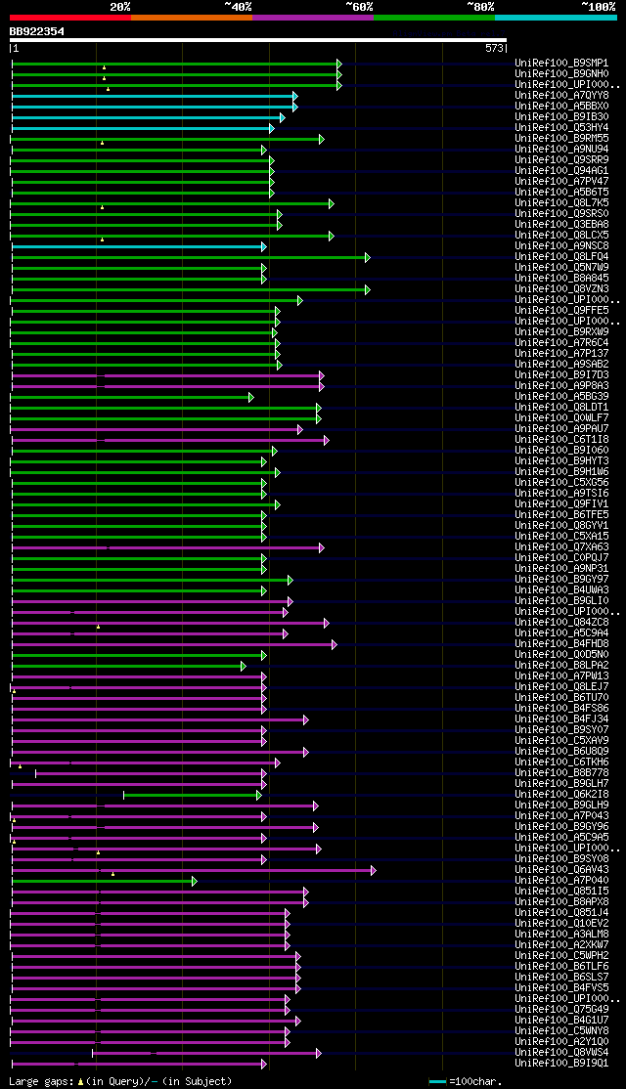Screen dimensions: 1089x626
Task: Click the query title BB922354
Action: pos(37,31)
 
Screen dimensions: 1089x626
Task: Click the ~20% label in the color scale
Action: pos(120,6)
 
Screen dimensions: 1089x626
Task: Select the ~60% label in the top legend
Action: pos(359,6)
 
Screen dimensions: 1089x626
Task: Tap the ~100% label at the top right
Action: pos(599,6)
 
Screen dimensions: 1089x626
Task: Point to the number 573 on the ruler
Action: pos(494,48)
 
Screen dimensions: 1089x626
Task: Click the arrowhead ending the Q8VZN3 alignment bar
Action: pos(368,289)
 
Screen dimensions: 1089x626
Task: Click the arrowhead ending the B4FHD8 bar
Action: pos(334,644)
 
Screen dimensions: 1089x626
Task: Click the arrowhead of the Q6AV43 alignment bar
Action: pos(373,870)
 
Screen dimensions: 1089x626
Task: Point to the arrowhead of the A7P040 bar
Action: pos(195,881)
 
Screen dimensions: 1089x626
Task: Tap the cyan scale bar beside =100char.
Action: pos(437,1081)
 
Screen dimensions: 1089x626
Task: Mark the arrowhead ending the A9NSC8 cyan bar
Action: pos(263,246)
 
